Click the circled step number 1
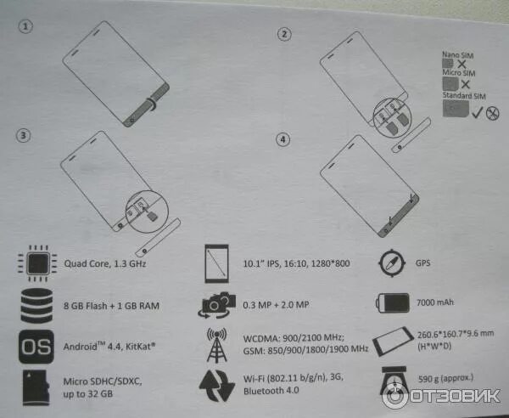coord(27,26)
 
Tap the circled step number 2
coord(285,34)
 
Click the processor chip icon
coord(33,264)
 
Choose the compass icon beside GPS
coord(392,262)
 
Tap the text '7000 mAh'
coord(437,302)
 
